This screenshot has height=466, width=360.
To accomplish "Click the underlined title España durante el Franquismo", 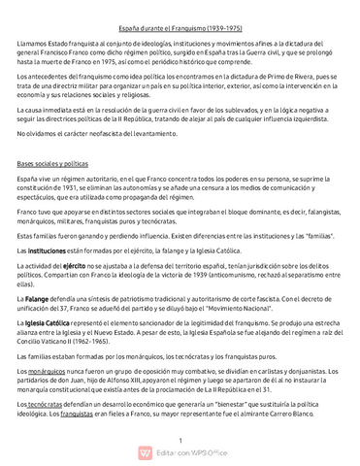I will [180, 30].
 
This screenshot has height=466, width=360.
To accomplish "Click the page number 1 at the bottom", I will [180, 440].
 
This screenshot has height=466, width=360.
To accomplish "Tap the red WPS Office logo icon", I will [146, 453].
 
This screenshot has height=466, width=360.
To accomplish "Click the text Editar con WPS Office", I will [189, 453].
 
